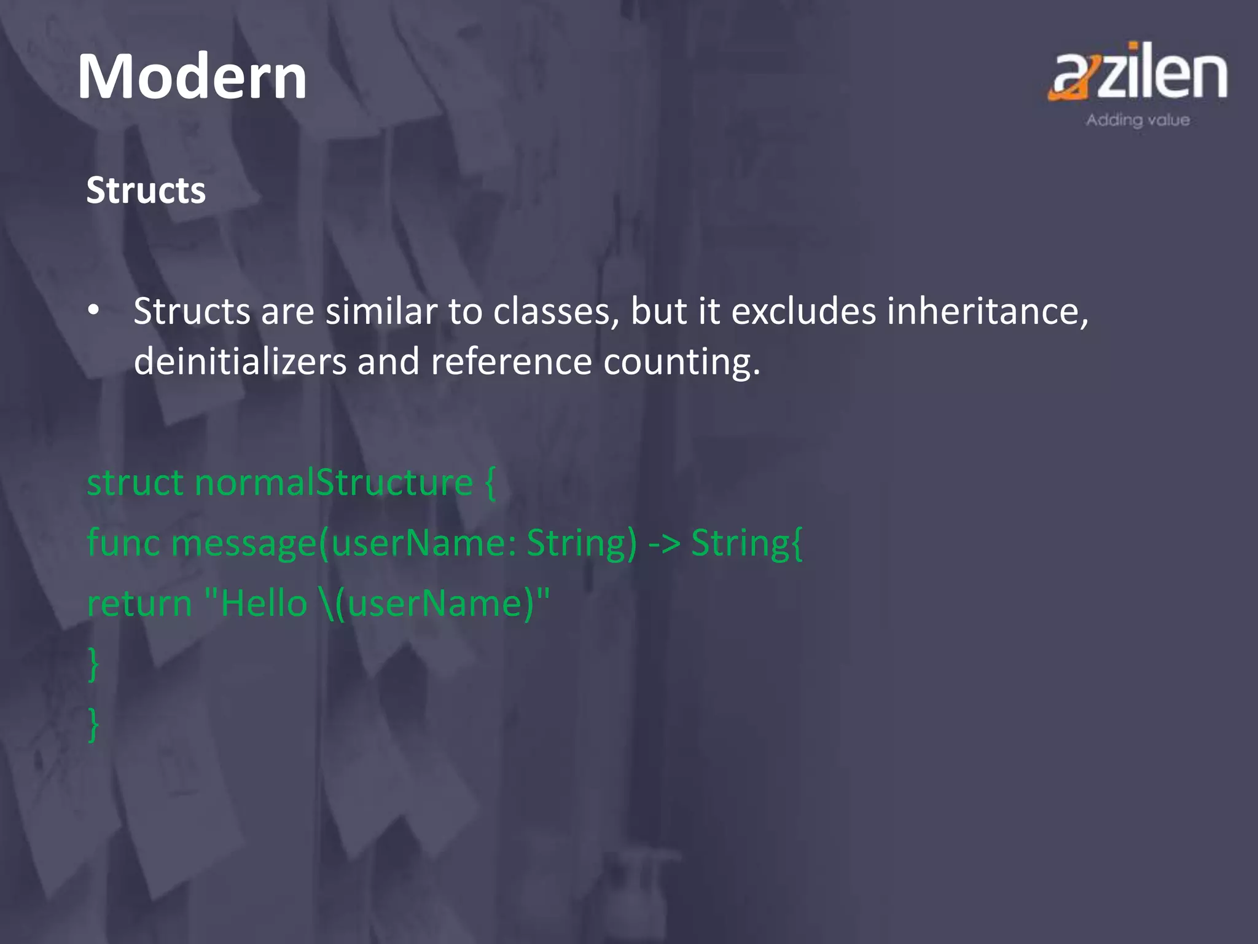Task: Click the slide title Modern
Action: click(x=192, y=77)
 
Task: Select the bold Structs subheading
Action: click(x=146, y=191)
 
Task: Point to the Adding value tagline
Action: click(x=1138, y=120)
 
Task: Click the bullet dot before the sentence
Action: click(x=93, y=310)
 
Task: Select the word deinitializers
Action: click(x=240, y=361)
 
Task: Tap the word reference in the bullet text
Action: click(x=511, y=361)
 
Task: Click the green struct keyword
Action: click(x=135, y=482)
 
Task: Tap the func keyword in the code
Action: click(x=123, y=543)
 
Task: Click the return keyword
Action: click(x=139, y=604)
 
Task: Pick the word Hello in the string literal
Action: click(x=264, y=604)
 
